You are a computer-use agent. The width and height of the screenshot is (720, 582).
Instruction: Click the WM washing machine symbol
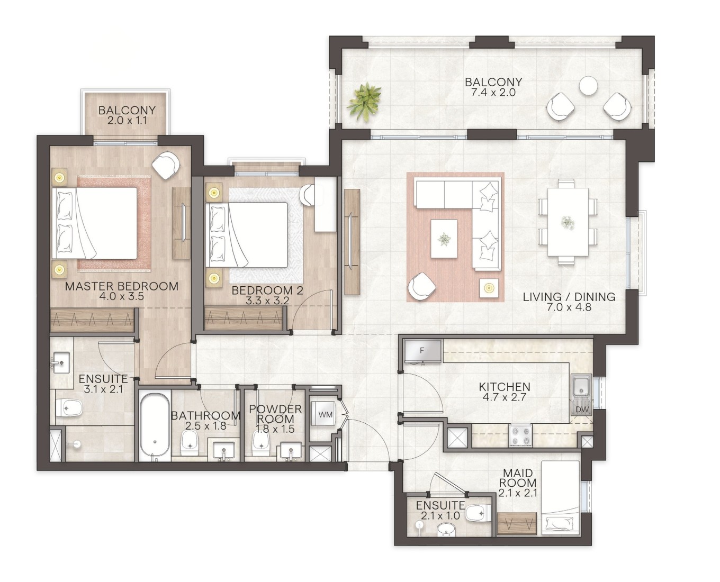(x=325, y=414)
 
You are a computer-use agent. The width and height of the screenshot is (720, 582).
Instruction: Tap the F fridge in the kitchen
(x=422, y=351)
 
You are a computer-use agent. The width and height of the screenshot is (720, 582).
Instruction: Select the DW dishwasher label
(x=582, y=410)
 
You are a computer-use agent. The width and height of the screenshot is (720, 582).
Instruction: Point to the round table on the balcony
(x=589, y=86)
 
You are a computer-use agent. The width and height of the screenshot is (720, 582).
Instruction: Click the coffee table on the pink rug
(x=444, y=239)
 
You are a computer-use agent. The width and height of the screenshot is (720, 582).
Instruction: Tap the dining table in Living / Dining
(x=568, y=222)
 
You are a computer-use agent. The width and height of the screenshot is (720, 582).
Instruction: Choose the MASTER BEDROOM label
(x=122, y=286)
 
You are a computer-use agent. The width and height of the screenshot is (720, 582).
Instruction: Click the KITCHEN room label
(x=505, y=386)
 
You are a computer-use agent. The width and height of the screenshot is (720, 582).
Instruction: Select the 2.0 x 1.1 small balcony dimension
(x=127, y=120)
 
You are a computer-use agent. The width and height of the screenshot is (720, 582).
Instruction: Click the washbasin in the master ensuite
(x=61, y=363)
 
